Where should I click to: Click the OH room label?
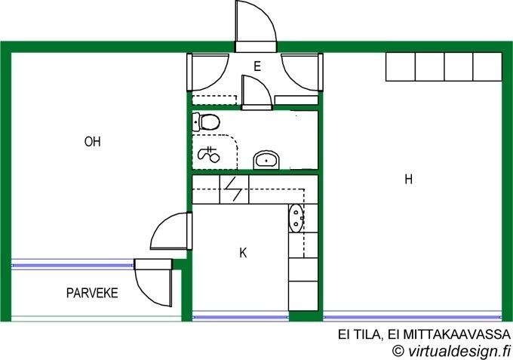pos(93,142)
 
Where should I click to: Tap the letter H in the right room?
pos(408,180)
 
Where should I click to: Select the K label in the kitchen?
pos(243,253)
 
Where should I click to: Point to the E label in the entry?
pos(257,66)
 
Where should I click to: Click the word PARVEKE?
pos(92,293)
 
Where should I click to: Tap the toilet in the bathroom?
pos(205,122)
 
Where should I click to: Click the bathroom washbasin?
pos(266,160)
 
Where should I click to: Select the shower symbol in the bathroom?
pos(209,154)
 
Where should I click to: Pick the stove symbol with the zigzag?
pos(234,189)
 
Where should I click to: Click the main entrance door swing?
pos(256,22)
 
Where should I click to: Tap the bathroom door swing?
pos(256,91)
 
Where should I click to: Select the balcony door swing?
pos(153,283)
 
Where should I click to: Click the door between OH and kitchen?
pos(171,231)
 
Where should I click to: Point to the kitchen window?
pos(241,317)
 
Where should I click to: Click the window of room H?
pos(412,317)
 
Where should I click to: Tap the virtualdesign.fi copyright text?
pos(451,350)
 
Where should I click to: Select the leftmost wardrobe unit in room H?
pos(401,66)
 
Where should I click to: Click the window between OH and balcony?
pos(72,265)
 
